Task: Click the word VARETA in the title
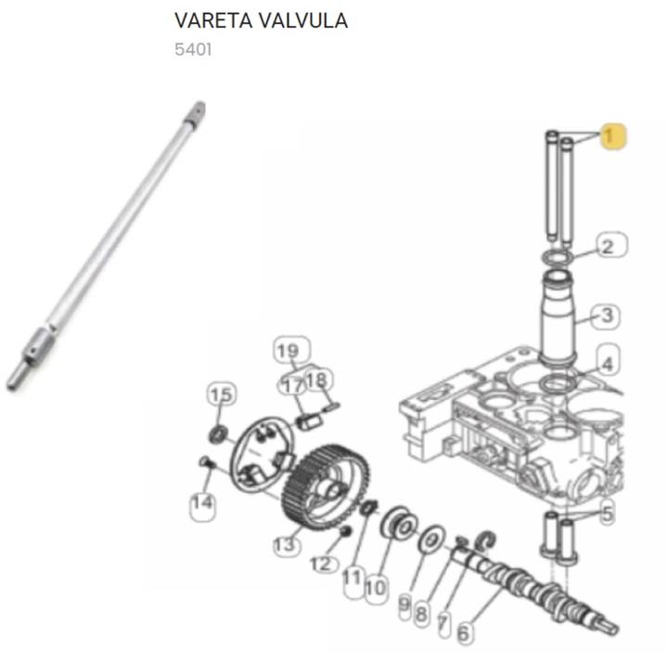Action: click(x=213, y=20)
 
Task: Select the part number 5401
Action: click(x=193, y=49)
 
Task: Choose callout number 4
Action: click(x=608, y=363)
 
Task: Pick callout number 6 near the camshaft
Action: click(x=464, y=633)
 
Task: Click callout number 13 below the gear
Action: click(x=286, y=545)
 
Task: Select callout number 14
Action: click(x=202, y=504)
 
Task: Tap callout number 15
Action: click(x=221, y=394)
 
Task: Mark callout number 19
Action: click(x=291, y=351)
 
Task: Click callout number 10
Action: click(x=376, y=589)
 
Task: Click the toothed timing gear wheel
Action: click(x=326, y=488)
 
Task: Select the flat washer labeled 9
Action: click(x=432, y=539)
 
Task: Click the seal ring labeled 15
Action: click(x=219, y=434)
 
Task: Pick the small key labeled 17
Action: click(x=310, y=423)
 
